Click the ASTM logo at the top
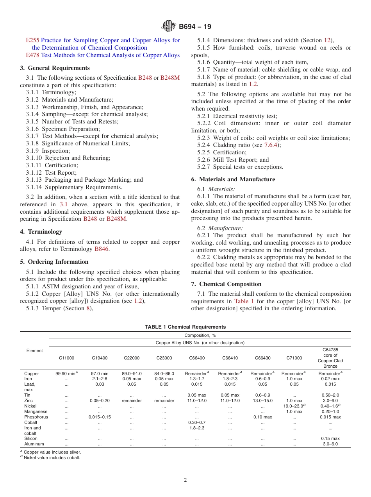point(169,27)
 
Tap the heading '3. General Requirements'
point(55,68)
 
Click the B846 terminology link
point(102,249)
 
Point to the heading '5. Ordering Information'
point(54,262)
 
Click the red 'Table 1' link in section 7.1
point(244,301)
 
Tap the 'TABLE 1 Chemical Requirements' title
point(185,327)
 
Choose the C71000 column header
point(294,358)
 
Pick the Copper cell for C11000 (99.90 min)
point(66,374)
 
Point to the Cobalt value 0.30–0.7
point(197,422)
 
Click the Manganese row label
point(36,411)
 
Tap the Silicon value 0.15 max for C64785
point(330,438)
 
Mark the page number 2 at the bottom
point(185,480)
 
